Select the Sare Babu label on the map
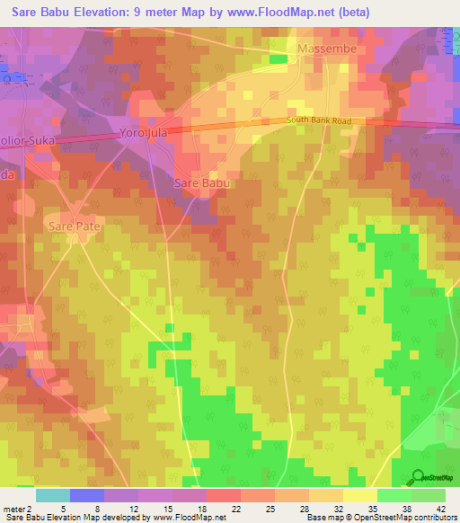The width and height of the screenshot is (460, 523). tap(201, 183)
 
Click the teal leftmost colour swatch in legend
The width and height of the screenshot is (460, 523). tap(52, 495)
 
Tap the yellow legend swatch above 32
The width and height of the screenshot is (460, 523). tap(325, 495)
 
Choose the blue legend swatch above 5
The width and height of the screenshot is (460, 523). tap(87, 495)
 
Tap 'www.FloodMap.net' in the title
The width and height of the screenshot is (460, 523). tap(274, 12)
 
